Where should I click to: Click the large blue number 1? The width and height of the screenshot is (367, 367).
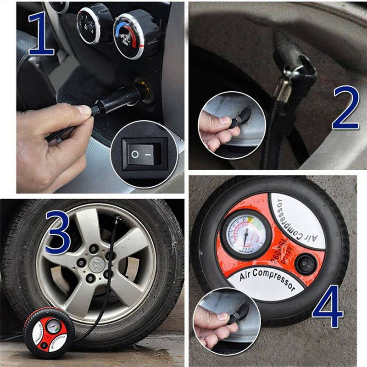[x=41, y=34]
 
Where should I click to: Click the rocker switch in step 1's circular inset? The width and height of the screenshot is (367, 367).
[x=141, y=154]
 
